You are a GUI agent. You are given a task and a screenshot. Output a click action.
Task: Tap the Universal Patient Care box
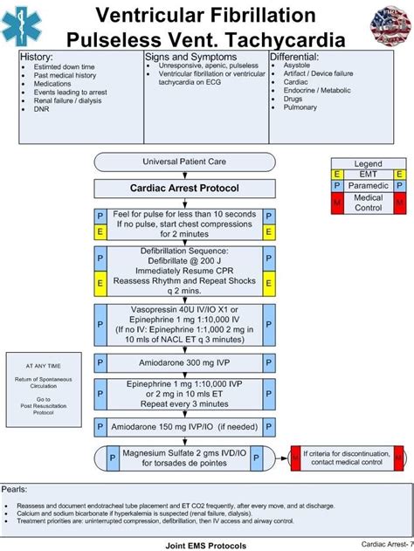click(183, 162)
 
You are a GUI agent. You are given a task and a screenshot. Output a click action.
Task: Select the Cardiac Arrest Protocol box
click(183, 188)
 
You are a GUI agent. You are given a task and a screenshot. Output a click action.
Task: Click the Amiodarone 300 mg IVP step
click(183, 362)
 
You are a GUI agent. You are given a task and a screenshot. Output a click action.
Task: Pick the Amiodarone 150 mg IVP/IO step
click(183, 427)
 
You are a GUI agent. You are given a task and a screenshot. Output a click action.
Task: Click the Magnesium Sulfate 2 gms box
click(183, 458)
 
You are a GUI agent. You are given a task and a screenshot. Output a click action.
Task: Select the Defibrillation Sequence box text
click(183, 270)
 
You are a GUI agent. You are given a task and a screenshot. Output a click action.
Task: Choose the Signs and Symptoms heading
click(189, 57)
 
